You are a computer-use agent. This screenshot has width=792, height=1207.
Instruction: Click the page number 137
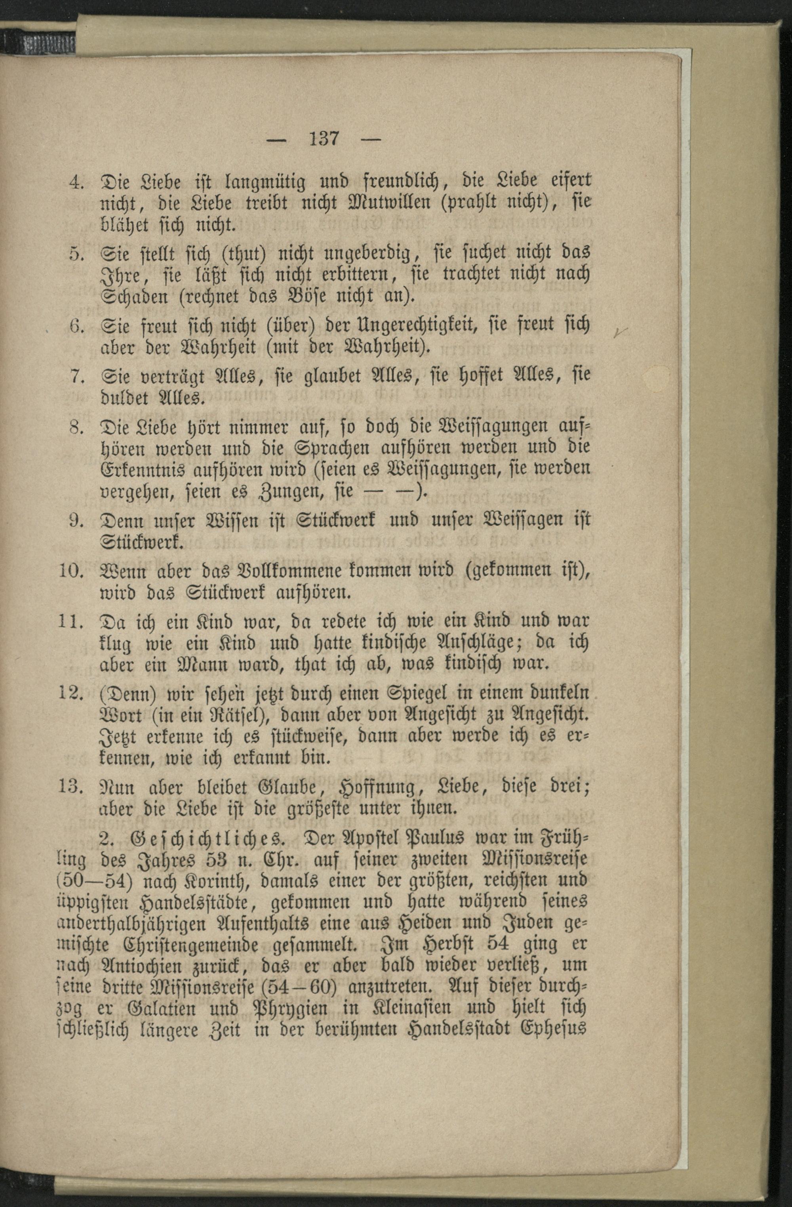point(324,138)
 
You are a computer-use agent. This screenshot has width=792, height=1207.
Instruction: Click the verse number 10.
point(70,571)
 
